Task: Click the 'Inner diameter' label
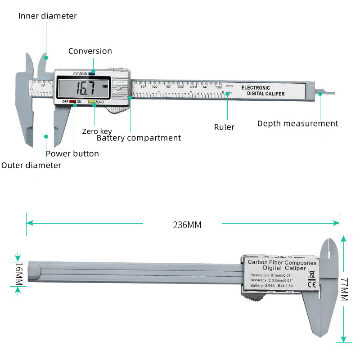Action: click(x=47, y=16)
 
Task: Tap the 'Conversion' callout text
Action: click(x=90, y=51)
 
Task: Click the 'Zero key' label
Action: click(x=97, y=131)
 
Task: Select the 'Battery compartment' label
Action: click(x=139, y=138)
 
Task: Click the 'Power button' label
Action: click(x=72, y=153)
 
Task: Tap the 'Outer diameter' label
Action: click(x=31, y=165)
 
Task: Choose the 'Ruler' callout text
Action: click(x=224, y=127)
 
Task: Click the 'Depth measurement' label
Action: click(x=297, y=123)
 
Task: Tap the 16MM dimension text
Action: click(x=18, y=274)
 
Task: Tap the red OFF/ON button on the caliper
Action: click(x=72, y=102)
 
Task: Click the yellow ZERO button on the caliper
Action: click(x=91, y=102)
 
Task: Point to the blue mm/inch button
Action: click(x=92, y=72)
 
